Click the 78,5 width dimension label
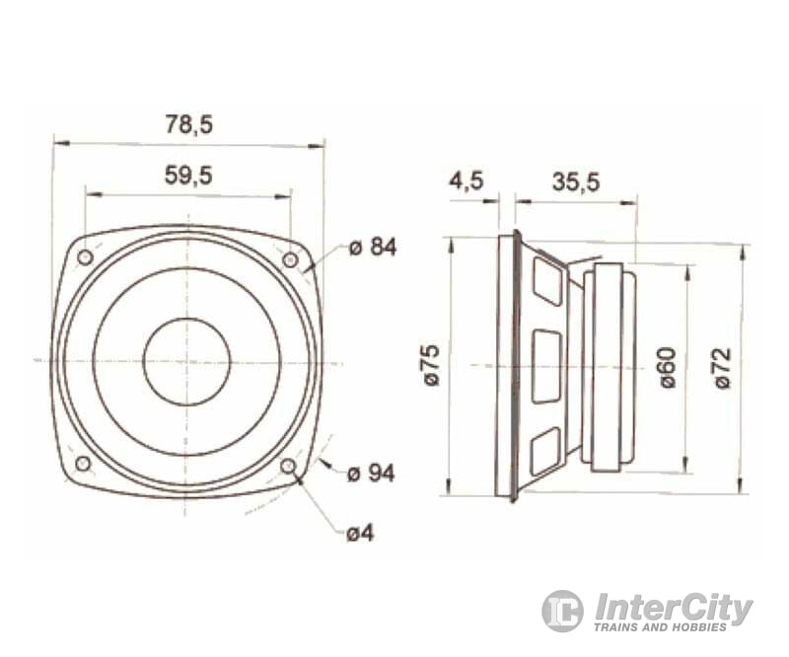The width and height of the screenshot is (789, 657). click(188, 124)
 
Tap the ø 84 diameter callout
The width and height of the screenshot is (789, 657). click(373, 247)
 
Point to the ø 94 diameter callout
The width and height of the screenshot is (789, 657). click(371, 474)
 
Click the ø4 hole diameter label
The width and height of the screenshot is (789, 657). click(360, 533)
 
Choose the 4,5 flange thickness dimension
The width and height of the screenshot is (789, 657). click(466, 182)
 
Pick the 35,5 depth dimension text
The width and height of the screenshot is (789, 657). click(576, 182)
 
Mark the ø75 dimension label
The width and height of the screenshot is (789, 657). click(431, 366)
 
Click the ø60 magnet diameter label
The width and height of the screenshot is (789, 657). click(668, 367)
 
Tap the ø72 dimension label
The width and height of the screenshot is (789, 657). click(723, 367)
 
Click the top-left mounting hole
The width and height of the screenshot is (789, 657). click(85, 257)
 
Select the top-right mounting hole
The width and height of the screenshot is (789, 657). click(290, 259)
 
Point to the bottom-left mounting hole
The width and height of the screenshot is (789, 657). click(83, 464)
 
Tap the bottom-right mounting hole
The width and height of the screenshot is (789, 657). click(288, 466)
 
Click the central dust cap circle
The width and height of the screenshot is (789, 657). click(186, 361)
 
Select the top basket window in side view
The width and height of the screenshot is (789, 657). click(546, 278)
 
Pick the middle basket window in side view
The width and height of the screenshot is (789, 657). click(546, 366)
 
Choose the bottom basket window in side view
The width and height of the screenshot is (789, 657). click(545, 452)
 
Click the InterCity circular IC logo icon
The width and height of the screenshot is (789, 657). click(562, 611)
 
